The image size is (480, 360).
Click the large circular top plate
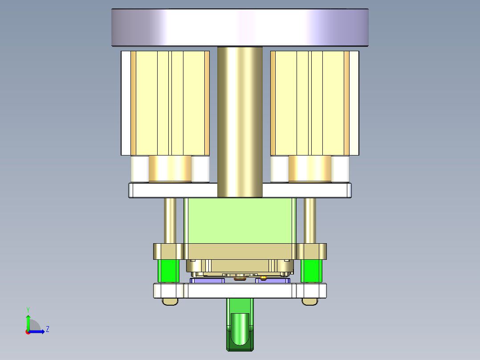[x=240, y=28]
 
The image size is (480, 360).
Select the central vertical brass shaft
[x=240, y=120]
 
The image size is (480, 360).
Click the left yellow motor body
[x=170, y=102]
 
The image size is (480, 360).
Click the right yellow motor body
[x=310, y=102]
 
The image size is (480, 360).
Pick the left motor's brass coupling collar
[x=170, y=168]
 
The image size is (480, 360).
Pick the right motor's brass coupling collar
[x=310, y=168]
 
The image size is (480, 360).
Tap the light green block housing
[x=240, y=221]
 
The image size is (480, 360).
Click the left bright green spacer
[x=169, y=271]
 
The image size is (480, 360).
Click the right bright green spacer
[x=311, y=271]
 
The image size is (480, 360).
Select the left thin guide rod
[x=170, y=221]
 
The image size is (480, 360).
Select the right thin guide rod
[x=310, y=221]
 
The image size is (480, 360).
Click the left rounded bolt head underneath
[x=170, y=302]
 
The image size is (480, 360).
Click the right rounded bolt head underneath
[x=310, y=302]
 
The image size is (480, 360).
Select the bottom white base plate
[x=240, y=291]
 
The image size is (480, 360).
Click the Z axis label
[x=47, y=329]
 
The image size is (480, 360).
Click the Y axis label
[x=28, y=309]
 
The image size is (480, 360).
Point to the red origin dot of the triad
[x=28, y=331]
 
